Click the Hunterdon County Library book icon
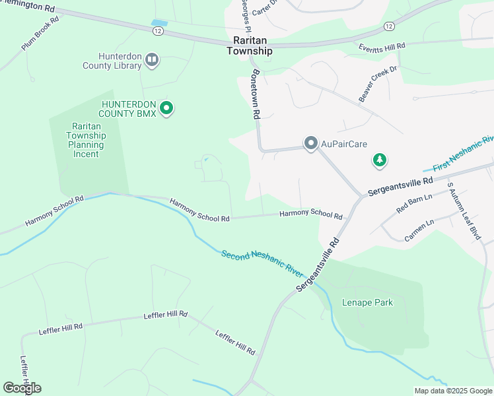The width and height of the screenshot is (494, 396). (152, 61)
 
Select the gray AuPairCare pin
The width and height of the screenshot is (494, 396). (310, 143)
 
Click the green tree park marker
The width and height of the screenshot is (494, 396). (379, 160)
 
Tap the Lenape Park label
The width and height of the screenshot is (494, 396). (367, 303)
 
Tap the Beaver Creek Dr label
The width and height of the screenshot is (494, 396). (378, 84)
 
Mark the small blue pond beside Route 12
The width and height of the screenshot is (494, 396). (159, 24)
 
